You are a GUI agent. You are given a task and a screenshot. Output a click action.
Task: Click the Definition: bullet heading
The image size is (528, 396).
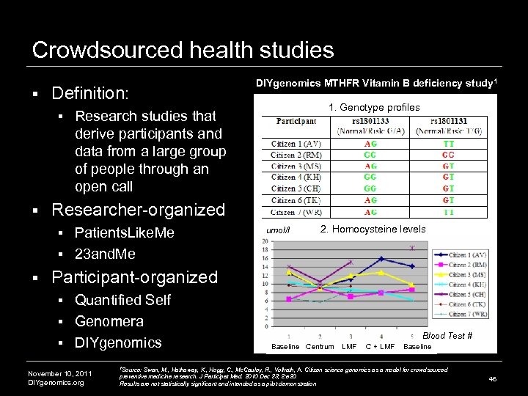[90, 94]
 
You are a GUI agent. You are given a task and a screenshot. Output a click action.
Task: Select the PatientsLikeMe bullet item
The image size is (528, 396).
[125, 233]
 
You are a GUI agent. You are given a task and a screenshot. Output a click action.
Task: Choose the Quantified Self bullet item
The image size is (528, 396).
[122, 299]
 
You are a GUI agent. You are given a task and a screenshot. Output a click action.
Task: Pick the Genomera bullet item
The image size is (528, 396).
[109, 321]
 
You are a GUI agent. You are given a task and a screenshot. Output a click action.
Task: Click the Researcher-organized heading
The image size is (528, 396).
[138, 210]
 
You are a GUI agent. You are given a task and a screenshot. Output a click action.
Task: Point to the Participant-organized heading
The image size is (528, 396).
[135, 277]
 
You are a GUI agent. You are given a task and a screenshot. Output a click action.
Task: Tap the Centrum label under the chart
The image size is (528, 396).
[320, 346]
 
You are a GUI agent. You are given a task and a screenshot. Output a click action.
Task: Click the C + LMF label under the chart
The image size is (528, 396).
[380, 346]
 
